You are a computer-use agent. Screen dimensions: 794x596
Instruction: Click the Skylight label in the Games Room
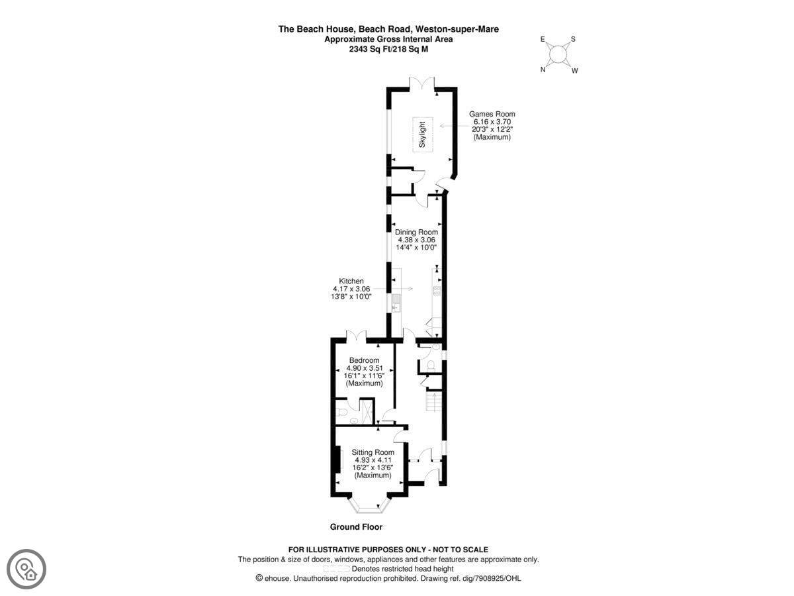coord(421,134)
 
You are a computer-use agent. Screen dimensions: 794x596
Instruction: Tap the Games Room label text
coord(492,114)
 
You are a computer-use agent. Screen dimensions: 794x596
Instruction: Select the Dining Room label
coord(416,232)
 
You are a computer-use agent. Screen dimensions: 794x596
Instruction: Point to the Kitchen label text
coord(351,281)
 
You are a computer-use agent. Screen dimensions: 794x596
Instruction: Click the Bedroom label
coord(364,360)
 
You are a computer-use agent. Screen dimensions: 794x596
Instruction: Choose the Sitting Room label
coord(373,452)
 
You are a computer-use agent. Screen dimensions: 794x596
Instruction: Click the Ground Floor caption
coord(356,527)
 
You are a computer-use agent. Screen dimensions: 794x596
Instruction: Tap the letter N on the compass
coord(543,70)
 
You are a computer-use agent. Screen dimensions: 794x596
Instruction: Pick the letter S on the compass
coord(573,39)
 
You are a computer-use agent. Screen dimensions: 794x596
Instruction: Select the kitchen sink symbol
coord(397,303)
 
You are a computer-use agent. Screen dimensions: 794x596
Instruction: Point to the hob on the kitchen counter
coord(437,291)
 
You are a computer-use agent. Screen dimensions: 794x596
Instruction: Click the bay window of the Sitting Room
coord(369,505)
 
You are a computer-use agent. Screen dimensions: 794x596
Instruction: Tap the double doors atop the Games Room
coord(421,83)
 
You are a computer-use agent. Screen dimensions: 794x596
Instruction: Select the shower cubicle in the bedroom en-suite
coord(366,411)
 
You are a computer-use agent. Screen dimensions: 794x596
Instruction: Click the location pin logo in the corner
coord(26,570)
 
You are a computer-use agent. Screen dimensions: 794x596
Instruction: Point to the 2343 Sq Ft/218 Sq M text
coord(388,49)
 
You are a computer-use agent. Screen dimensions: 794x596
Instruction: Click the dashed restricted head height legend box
coord(337,568)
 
